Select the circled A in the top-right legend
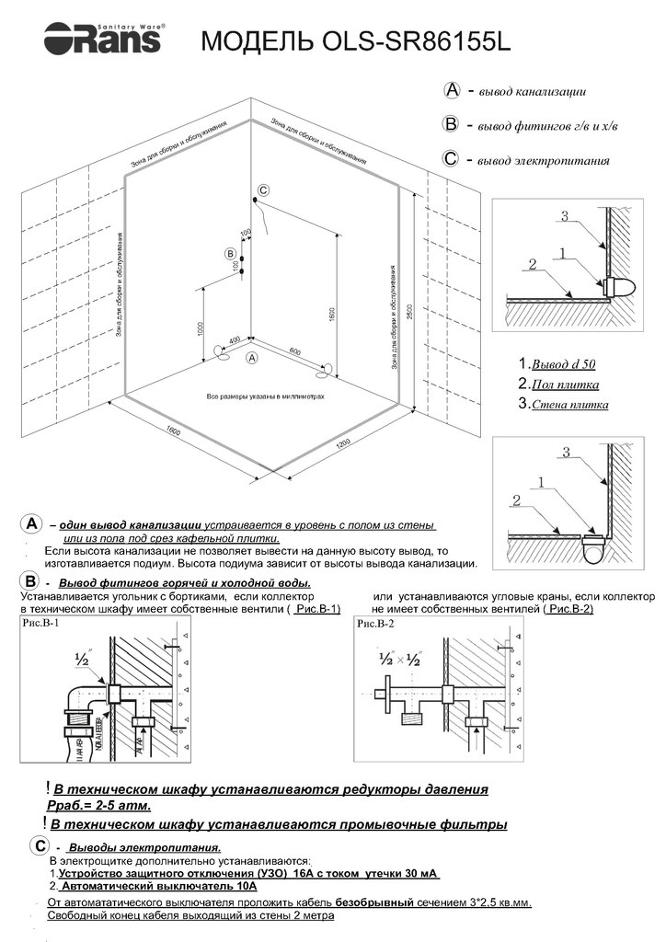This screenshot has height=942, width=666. pyautogui.click(x=452, y=90)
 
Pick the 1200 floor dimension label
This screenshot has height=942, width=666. pyautogui.click(x=344, y=444)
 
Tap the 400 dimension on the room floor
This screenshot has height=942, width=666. pyautogui.click(x=234, y=340)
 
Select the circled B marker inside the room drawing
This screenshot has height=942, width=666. pyautogui.click(x=230, y=253)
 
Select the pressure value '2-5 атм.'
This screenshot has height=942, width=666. pyautogui.click(x=124, y=806)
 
